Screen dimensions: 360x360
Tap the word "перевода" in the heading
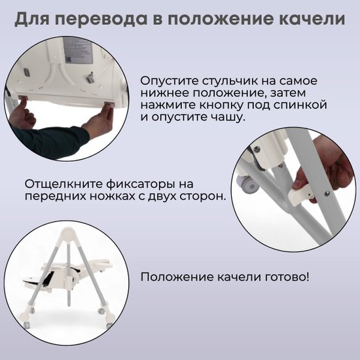101,20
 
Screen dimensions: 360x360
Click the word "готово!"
287,277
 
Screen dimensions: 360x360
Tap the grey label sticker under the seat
78,51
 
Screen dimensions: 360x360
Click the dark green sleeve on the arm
49,141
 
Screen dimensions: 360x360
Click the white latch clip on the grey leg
301,196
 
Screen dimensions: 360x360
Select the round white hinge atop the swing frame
68,235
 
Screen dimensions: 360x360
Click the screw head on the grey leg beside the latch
327,193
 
